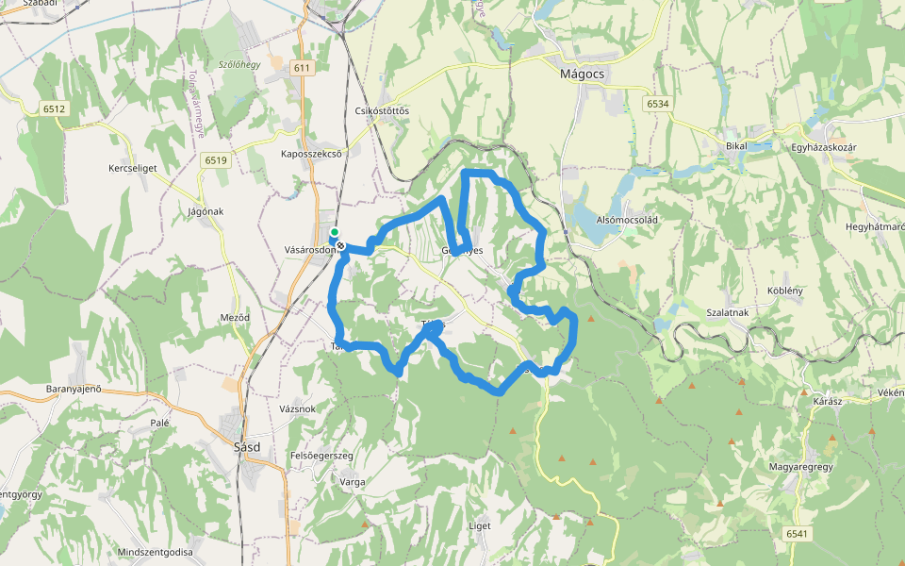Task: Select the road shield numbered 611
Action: click(x=302, y=68)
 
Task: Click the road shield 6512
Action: click(x=54, y=109)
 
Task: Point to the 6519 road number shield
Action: click(x=215, y=160)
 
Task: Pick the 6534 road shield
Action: click(x=657, y=103)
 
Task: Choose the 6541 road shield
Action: click(x=797, y=534)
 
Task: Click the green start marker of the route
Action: click(x=334, y=232)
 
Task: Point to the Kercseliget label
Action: click(x=132, y=168)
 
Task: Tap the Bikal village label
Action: click(x=736, y=146)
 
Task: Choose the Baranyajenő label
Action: click(x=74, y=389)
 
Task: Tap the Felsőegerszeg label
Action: click(x=321, y=456)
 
